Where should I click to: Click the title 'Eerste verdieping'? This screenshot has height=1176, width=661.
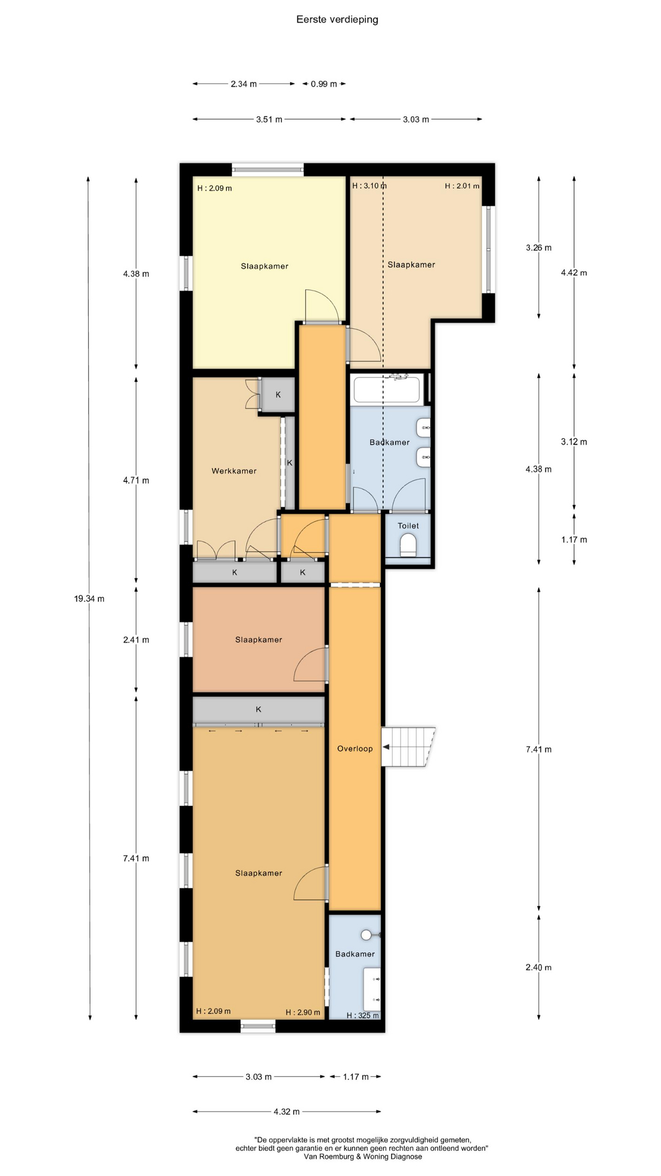[337, 20]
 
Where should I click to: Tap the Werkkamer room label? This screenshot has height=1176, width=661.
[234, 471]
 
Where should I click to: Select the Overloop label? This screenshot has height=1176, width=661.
[355, 748]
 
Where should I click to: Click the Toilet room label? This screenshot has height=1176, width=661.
[408, 526]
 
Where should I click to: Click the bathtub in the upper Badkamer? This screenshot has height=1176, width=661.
[387, 390]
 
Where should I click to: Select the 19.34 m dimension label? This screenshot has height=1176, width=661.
[89, 598]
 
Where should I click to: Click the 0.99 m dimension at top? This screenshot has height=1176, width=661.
[324, 84]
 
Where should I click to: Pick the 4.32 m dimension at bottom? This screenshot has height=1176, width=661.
[286, 1111]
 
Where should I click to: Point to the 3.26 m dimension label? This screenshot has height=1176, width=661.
[539, 248]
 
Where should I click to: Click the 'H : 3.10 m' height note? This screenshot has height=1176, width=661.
[369, 186]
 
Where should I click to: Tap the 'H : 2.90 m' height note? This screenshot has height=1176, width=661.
[303, 1012]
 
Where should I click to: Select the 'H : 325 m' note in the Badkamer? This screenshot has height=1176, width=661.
[362, 1016]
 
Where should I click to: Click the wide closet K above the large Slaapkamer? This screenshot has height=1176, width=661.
[258, 709]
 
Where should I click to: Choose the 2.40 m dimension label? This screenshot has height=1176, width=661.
[539, 968]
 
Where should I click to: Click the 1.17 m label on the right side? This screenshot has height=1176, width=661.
[574, 540]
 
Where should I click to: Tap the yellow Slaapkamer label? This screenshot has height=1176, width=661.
[264, 266]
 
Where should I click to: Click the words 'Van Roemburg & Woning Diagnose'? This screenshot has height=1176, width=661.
[363, 1156]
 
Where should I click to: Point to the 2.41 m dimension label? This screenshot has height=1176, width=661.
[136, 639]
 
